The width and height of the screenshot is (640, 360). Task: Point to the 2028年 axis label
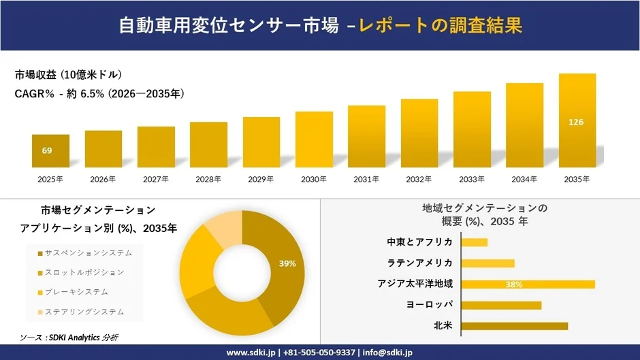[x=208, y=179]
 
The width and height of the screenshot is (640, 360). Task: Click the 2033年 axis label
[x=472, y=179]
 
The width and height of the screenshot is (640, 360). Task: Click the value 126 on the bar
[x=576, y=122]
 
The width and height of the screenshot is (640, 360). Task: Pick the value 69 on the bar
[x=47, y=150]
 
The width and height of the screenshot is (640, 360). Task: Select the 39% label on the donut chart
[x=287, y=263]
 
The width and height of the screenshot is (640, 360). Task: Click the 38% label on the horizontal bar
[x=514, y=284]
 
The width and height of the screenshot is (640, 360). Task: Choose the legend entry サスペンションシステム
[x=89, y=253]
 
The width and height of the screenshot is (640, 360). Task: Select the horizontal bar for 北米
[x=514, y=326]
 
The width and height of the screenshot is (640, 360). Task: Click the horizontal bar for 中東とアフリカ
[x=475, y=242]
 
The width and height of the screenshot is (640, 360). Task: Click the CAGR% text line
[x=99, y=94]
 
